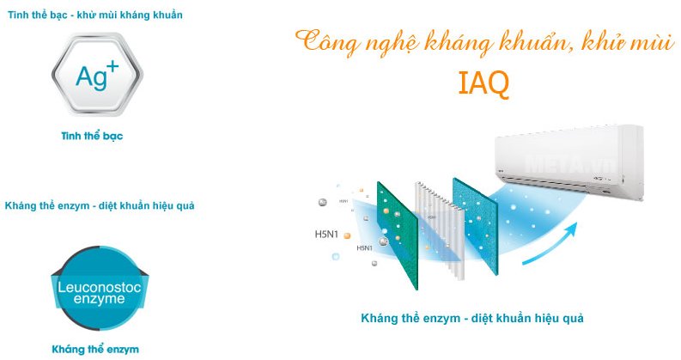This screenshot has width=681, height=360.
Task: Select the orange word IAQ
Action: pos(483,83)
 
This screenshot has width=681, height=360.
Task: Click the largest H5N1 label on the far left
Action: pos(327,233)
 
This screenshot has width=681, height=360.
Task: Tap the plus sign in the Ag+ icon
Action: pos(112,66)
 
